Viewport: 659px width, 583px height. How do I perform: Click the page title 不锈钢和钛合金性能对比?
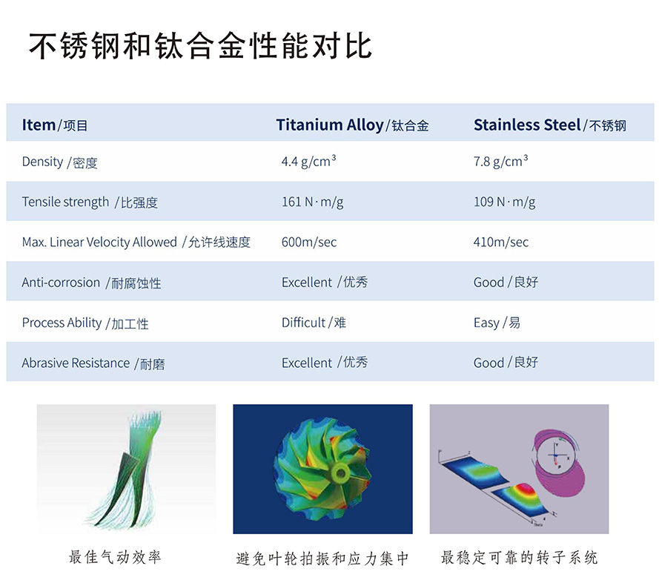pos(200,45)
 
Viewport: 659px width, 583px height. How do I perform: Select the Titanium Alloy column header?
pos(352,125)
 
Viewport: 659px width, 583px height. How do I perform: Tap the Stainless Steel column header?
pos(550,125)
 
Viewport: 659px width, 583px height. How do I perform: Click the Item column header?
pos(55,125)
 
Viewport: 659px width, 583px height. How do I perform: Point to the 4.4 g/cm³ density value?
pos(308,161)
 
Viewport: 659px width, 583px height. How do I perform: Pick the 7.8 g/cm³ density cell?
pos(500,161)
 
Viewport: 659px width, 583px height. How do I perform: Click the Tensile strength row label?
pos(90,202)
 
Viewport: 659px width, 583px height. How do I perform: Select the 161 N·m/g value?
pos(312,202)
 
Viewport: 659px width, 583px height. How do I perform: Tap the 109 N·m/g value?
pos(504,202)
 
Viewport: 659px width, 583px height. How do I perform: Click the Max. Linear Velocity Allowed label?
pos(136,242)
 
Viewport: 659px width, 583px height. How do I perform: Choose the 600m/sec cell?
pos(309,242)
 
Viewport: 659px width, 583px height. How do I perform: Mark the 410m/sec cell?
pos(501,242)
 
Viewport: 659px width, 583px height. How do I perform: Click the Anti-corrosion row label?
pos(91,283)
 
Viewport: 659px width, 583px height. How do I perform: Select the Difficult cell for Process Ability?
pos(314,323)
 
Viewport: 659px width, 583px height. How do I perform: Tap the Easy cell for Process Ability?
pos(497,323)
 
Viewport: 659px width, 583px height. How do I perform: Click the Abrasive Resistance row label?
pos(93,363)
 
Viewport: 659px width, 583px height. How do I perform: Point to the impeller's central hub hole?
pos(340,474)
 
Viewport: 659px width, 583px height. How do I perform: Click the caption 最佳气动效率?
pos(115,557)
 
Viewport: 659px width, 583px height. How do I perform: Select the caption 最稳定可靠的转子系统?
pos(519,558)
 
